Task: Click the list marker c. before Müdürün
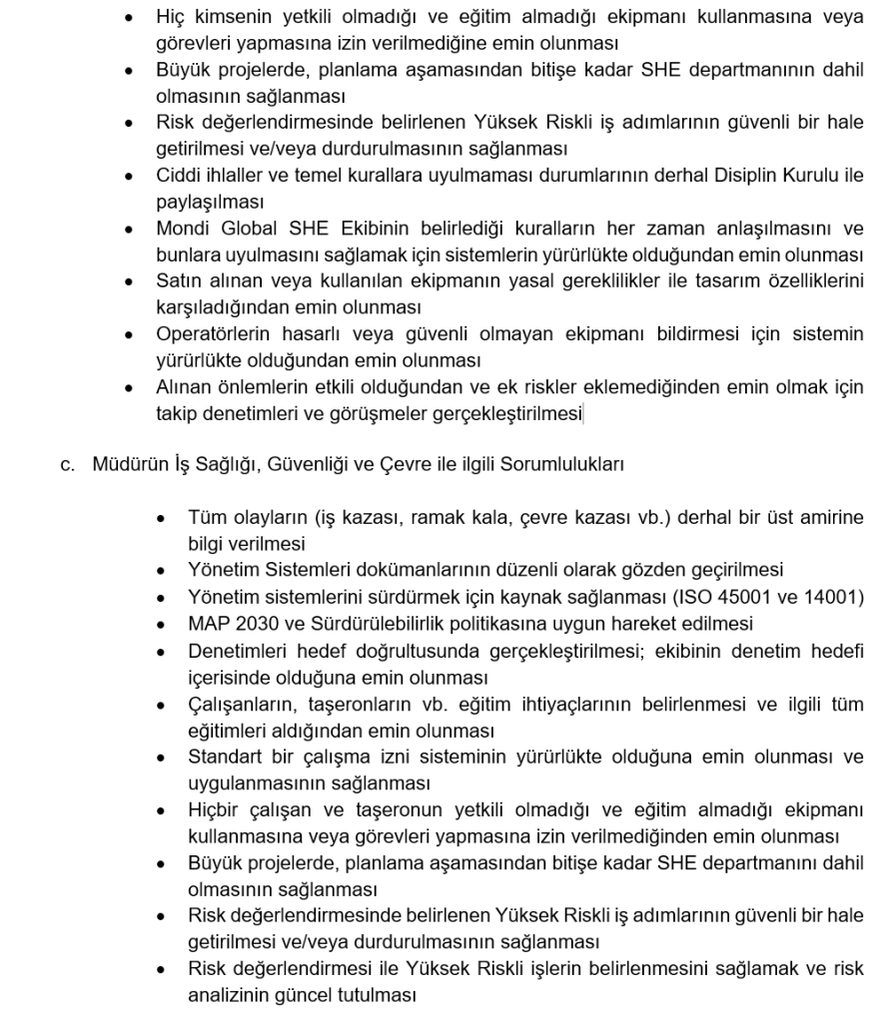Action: coord(67,463)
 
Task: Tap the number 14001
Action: coord(832,597)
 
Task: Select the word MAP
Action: coord(207,624)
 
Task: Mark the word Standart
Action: coord(224,756)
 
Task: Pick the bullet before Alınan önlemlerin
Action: coord(129,385)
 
